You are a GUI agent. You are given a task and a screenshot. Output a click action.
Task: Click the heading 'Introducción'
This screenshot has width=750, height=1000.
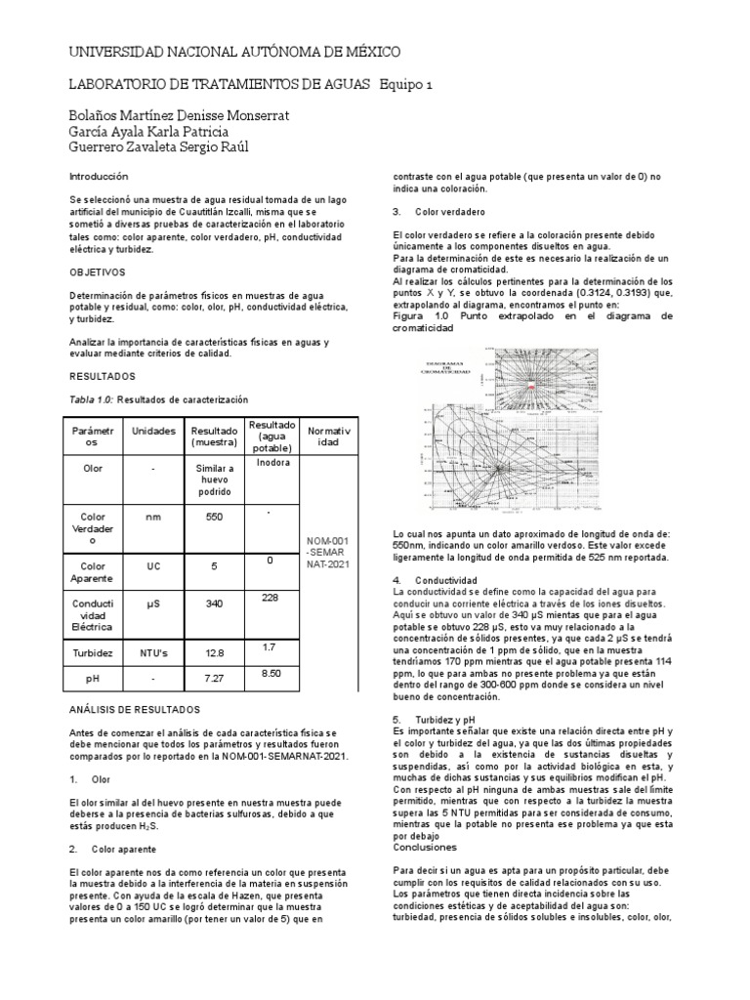pos(99,177)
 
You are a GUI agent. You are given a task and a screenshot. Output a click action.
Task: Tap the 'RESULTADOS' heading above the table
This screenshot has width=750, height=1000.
pos(102,375)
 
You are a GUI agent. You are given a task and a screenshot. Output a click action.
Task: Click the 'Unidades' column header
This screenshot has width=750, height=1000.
pos(152,431)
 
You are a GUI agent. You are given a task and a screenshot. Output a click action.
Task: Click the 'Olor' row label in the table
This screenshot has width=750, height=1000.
pos(94,469)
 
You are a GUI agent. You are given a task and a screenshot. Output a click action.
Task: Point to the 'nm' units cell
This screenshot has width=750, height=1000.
pos(152,519)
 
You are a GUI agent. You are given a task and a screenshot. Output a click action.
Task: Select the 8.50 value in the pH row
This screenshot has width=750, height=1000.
pos(272,673)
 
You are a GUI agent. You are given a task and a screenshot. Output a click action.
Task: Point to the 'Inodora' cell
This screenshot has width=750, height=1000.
pos(273,462)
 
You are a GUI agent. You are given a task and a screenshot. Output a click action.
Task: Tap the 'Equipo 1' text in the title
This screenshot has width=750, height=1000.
pos(403,85)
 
